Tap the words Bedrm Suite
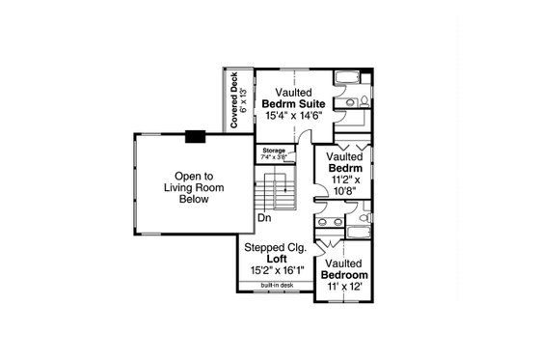click(x=286, y=104)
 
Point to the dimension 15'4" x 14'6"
click(x=286, y=117)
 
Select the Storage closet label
click(x=274, y=151)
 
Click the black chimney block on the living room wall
click(x=196, y=136)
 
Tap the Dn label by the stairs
click(x=263, y=218)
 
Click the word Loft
click(x=277, y=259)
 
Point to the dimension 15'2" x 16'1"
click(x=277, y=271)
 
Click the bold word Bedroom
click(x=343, y=275)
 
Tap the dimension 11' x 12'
click(x=343, y=288)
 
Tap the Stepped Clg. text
click(x=278, y=246)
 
